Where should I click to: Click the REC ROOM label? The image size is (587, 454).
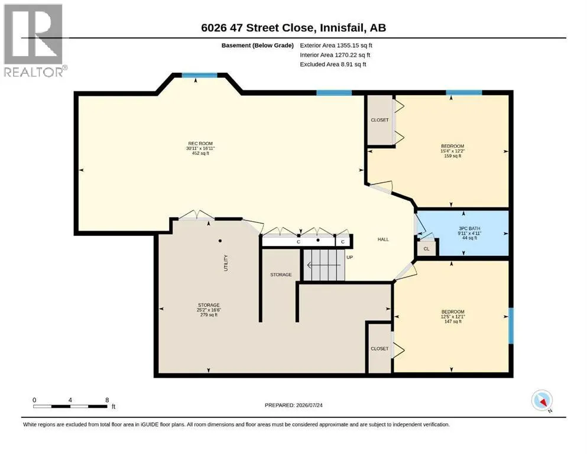click(x=200, y=143)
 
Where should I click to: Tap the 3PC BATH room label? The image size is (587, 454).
click(x=469, y=228)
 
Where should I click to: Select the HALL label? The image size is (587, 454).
click(x=383, y=239)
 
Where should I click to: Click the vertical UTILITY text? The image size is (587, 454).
click(x=226, y=262)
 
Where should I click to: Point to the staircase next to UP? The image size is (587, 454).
click(x=324, y=265)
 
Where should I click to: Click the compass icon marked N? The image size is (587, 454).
click(x=541, y=400)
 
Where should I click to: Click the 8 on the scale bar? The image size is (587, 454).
click(x=107, y=400)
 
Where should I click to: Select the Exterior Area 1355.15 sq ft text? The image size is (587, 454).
click(x=336, y=46)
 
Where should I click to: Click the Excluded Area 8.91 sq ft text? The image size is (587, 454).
click(x=333, y=64)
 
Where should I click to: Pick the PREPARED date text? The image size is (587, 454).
click(x=293, y=405)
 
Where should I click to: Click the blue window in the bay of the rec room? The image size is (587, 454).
click(x=199, y=75)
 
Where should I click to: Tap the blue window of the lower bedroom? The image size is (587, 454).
click(x=511, y=326)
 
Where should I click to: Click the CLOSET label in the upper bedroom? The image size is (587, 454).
click(x=380, y=120)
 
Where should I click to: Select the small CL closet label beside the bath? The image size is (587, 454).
click(x=426, y=248)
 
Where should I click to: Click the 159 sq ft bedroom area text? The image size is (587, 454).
click(x=453, y=155)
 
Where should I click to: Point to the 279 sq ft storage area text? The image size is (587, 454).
click(x=209, y=314)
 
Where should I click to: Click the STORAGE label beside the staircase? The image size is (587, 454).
click(x=281, y=274)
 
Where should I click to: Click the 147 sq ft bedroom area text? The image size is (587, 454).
click(x=453, y=321)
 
